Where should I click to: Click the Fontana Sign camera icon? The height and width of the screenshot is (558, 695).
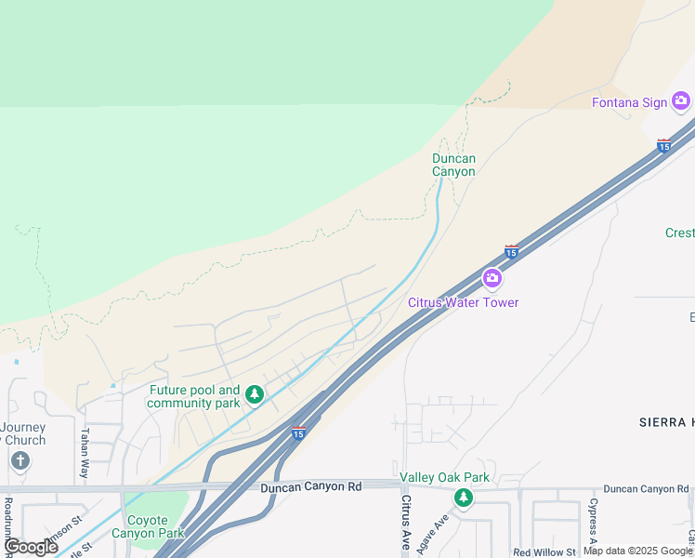681,101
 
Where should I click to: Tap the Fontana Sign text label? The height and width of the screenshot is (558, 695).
630,102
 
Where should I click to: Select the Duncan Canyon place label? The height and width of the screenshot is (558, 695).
453,165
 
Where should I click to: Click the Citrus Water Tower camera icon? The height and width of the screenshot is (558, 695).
492,278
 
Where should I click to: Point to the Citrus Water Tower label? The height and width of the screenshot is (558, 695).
463,302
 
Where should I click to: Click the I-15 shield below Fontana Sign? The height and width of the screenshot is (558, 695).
663,145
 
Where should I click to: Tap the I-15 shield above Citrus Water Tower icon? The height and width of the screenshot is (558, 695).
511,251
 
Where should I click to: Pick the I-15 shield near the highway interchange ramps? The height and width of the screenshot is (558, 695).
297,432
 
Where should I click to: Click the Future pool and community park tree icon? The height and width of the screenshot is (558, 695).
254,396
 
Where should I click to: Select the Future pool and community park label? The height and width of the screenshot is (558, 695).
193,397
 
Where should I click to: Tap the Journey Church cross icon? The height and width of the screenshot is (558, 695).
20,460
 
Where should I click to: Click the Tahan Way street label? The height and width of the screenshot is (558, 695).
84,453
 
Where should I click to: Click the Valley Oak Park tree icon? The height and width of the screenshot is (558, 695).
463,498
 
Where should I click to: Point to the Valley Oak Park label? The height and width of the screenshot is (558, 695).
444,478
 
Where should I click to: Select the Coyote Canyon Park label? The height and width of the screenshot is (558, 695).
148,526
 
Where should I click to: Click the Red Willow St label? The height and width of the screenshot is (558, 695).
546,552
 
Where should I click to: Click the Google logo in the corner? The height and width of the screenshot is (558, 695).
30,547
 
